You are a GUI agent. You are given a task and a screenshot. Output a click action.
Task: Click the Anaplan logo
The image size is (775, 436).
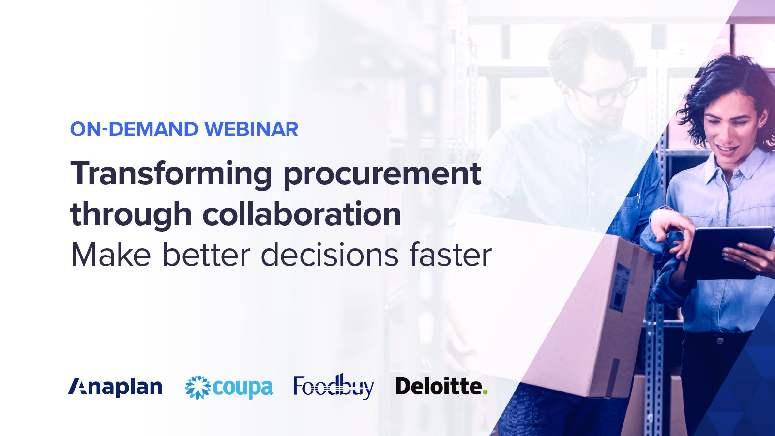tap(115, 387)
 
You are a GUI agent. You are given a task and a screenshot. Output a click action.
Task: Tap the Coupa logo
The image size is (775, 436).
tap(229, 388)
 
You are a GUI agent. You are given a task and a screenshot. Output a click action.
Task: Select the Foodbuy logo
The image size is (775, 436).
tap(334, 387)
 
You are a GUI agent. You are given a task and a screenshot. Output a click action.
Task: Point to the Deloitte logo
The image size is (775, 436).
tap(441, 387)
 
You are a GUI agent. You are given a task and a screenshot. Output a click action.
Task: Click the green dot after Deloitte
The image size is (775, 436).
tap(485, 392)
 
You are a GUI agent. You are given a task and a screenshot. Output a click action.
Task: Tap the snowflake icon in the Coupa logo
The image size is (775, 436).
tap(198, 388)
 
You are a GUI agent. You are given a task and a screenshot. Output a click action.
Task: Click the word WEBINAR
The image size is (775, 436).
tap(251, 129)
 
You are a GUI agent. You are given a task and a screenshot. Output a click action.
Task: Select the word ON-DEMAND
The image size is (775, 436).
tap(134, 129)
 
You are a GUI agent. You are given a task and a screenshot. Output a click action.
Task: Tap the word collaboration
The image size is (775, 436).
tap(302, 214)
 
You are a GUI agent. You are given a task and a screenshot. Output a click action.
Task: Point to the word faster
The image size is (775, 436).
tap(451, 255)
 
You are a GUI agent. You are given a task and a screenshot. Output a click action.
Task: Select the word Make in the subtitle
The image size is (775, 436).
tap(111, 255)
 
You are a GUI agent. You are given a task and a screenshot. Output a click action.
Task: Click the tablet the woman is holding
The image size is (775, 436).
tap(726, 252)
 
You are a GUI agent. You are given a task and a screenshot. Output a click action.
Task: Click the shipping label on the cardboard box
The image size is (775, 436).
tap(622, 286)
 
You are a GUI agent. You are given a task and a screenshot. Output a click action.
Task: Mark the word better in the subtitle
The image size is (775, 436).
tap(206, 255)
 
